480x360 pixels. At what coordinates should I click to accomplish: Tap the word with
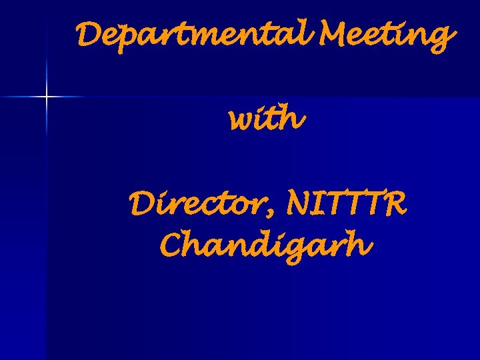click(x=267, y=121)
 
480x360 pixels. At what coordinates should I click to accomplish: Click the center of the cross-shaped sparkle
click(x=47, y=97)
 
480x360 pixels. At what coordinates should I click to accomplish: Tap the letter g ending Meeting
click(x=441, y=40)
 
